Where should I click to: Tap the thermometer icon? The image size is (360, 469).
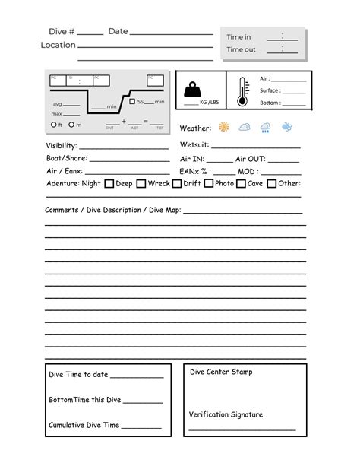tap(242, 91)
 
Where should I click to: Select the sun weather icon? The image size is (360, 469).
tap(224, 128)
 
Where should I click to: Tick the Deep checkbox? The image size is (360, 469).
tap(109, 183)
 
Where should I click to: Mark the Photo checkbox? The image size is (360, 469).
tap(209, 183)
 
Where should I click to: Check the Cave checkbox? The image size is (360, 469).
tap(241, 183)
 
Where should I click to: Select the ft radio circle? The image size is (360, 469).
tap(52, 125)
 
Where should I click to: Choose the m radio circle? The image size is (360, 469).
tap(71, 125)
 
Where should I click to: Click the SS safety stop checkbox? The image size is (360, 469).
tap(132, 101)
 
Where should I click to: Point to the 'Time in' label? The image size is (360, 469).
tap(238, 36)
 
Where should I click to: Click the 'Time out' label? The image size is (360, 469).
tap(241, 49)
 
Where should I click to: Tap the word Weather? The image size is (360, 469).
tap(195, 128)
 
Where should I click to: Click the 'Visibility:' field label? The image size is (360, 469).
tap(61, 145)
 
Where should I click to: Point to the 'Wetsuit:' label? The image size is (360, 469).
tap(194, 145)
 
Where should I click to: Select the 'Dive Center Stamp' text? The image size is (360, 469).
tap(221, 372)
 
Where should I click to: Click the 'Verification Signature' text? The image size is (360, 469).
tap(226, 414)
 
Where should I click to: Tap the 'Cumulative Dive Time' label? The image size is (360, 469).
tap(84, 426)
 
